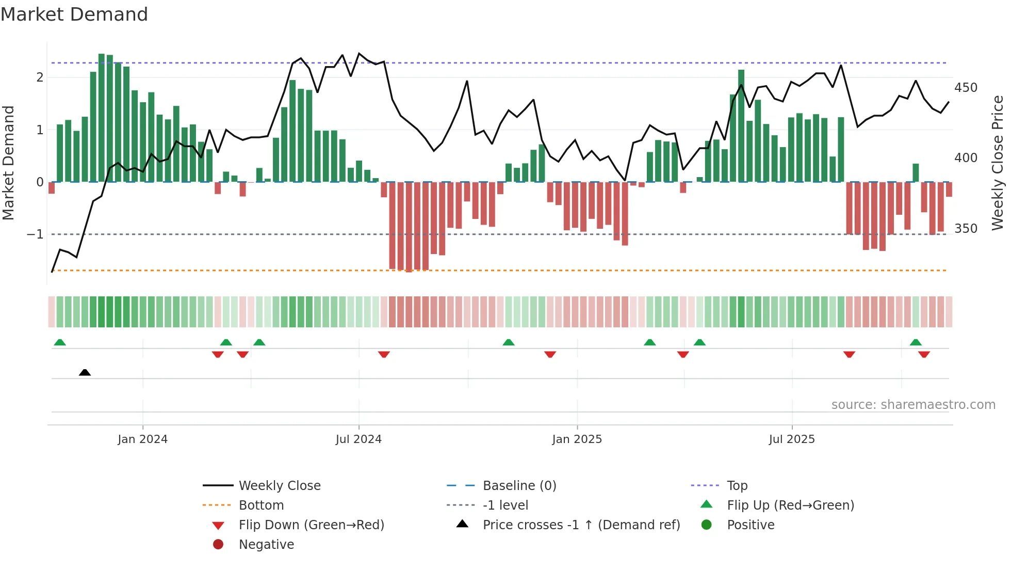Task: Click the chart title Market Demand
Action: (74, 14)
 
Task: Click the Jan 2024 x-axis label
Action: (142, 439)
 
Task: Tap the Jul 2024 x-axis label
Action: (358, 439)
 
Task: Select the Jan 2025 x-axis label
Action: (577, 439)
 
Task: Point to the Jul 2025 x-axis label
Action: (792, 439)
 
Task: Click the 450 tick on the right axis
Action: (966, 88)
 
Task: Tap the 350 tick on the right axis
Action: (966, 229)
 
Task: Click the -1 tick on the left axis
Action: (35, 234)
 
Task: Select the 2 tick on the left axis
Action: (40, 77)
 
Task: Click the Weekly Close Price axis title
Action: (998, 163)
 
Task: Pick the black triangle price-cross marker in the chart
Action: (85, 372)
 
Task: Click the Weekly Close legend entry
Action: (279, 486)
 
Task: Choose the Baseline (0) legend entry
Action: (519, 486)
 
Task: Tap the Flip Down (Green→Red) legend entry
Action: (311, 525)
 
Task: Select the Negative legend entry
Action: (266, 545)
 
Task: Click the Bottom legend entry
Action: (261, 505)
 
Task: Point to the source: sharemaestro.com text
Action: (913, 405)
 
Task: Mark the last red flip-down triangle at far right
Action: (924, 354)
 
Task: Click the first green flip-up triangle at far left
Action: (60, 342)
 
